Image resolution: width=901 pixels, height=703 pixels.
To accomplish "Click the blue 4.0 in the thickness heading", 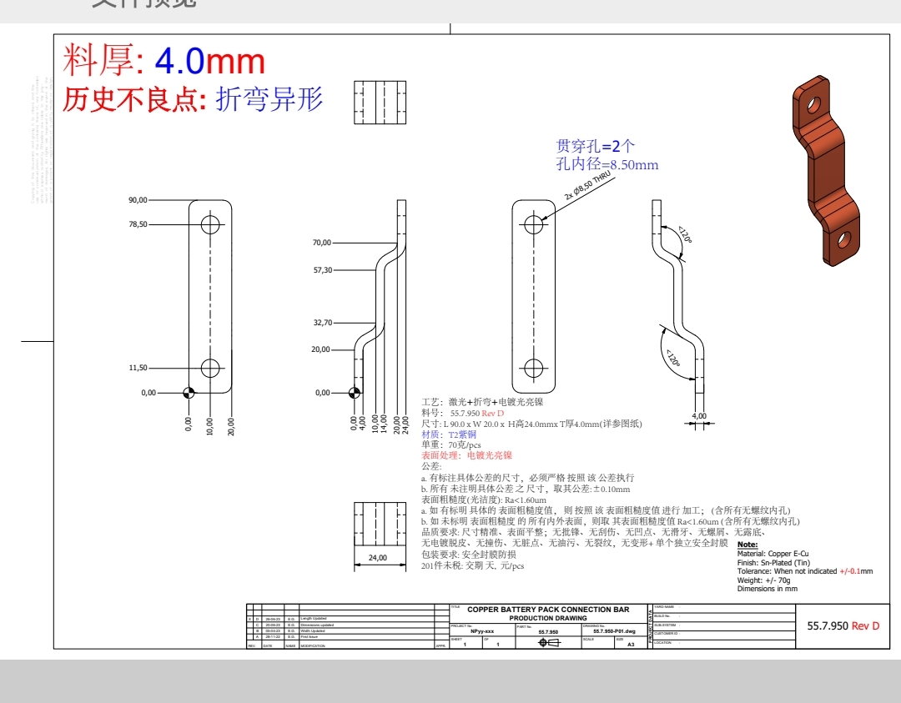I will point(179,62).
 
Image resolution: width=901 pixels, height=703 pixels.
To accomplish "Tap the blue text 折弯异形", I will point(269,99).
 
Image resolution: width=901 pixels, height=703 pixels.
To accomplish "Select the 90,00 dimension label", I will point(138,200).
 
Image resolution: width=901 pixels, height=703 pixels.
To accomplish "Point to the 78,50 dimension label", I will point(138,224).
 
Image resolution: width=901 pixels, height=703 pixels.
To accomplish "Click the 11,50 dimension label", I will point(138,368).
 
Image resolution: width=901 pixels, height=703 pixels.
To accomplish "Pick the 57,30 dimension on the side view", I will point(322,270).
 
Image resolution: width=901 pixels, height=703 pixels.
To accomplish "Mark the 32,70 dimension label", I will point(322,323).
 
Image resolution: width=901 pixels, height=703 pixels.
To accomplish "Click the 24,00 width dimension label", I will point(378,558).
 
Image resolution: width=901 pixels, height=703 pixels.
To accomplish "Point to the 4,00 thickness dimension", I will point(699,415).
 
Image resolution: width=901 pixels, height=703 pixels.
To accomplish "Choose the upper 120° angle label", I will point(685,234).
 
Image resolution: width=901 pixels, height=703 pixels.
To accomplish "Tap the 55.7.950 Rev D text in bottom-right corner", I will point(843,625).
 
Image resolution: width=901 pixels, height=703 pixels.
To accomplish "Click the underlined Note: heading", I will point(747,545).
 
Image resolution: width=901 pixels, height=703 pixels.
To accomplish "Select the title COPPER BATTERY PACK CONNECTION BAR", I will point(548,610).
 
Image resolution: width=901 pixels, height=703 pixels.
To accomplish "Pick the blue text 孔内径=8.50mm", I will point(607,165).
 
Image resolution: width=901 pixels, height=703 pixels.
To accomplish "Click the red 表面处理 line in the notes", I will point(466,456).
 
